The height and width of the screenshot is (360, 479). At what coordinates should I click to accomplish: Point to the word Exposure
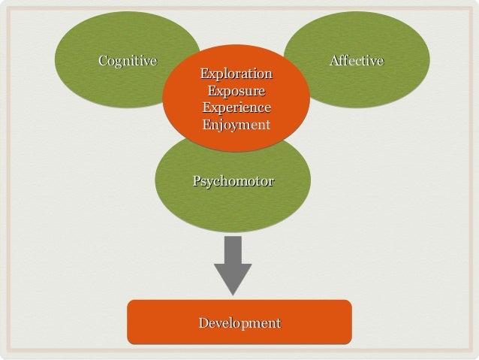(x=236, y=92)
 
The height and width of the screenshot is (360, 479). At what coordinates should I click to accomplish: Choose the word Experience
(x=236, y=108)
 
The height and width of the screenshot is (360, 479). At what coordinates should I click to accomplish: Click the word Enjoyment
(x=236, y=125)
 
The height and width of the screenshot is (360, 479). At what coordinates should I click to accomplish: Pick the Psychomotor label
(x=233, y=182)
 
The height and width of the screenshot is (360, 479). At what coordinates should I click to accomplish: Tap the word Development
(x=239, y=323)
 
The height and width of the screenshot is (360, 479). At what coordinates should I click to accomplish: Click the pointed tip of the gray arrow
(x=233, y=294)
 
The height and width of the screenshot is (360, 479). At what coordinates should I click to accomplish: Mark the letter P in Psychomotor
(x=197, y=181)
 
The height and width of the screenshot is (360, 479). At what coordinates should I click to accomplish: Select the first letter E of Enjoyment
(x=206, y=125)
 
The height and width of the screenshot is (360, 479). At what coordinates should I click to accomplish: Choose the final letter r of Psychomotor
(x=270, y=182)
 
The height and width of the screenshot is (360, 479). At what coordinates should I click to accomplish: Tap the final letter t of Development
(x=278, y=323)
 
